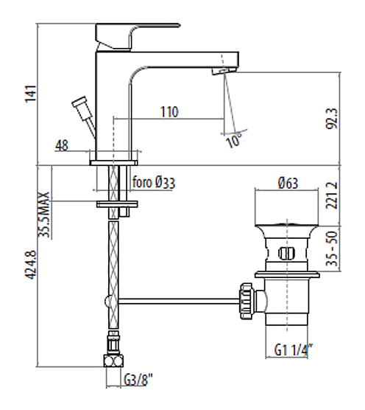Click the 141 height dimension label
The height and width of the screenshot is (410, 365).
30,94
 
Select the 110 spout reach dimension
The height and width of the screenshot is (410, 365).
169,111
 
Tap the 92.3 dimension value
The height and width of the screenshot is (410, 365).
332,119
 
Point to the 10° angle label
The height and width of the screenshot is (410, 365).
234,140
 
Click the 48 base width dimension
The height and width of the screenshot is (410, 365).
62,145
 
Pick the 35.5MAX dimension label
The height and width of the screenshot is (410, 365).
44,215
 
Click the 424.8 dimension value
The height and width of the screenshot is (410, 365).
30,265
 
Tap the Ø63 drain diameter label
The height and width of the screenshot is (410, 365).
288,183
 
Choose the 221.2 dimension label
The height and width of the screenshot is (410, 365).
332,195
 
